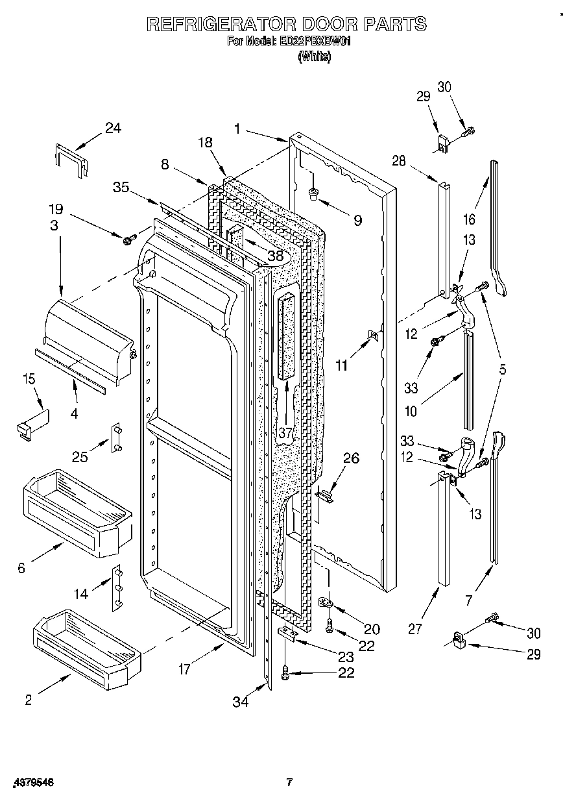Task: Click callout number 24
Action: (x=113, y=128)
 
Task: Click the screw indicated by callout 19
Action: (x=127, y=240)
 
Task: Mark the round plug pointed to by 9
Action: (x=314, y=192)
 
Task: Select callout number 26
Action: (x=350, y=458)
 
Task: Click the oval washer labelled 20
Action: (x=326, y=603)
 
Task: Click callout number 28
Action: (x=398, y=161)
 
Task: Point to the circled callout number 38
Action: (x=276, y=256)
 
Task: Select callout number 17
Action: (x=185, y=669)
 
